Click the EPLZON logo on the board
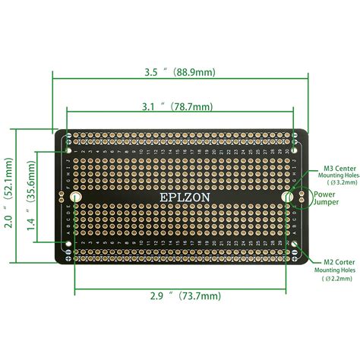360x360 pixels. click(x=181, y=197)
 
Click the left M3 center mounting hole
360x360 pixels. click(x=75, y=197)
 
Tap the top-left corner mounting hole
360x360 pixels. click(x=69, y=138)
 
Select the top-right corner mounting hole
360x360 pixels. click(x=294, y=138)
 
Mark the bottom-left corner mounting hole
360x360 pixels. click(x=69, y=245)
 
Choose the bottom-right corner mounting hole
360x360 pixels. click(x=294, y=245)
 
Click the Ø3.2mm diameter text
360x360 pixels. click(x=339, y=183)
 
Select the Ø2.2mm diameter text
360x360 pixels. click(x=339, y=279)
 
